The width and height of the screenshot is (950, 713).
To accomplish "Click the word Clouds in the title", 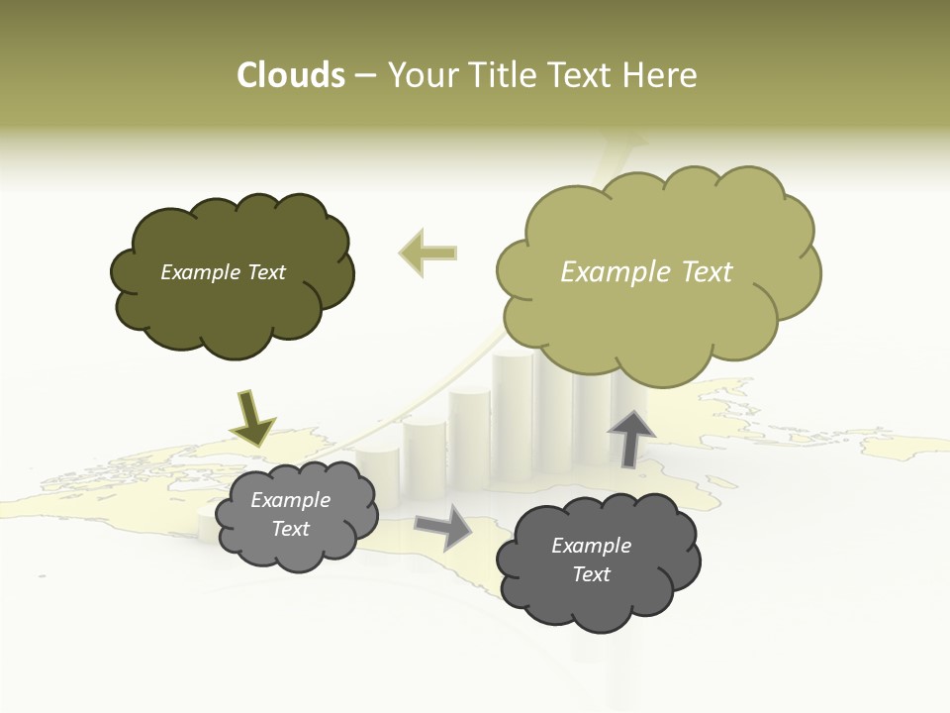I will click(291, 75).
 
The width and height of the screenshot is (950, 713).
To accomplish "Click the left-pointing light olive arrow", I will click(427, 254).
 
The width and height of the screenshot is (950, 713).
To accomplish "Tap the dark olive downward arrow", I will click(251, 418).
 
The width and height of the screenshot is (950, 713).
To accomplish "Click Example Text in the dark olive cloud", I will click(223, 272).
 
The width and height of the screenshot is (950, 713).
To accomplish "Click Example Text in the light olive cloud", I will click(646, 272).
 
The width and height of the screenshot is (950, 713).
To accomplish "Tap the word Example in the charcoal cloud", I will click(591, 546).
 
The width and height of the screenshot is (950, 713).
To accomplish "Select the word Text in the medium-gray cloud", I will click(291, 529).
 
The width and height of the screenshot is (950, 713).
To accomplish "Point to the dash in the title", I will click(364, 76).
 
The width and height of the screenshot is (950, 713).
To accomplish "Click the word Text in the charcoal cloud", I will click(591, 574).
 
